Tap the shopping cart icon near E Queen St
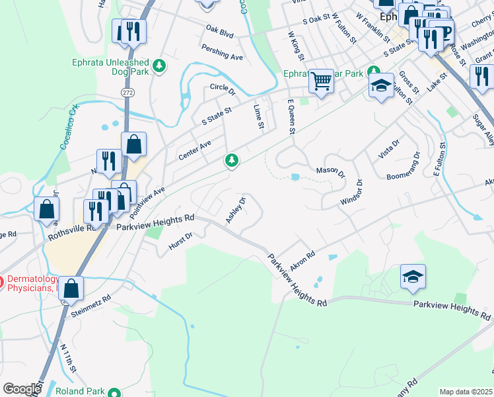[x=321, y=82]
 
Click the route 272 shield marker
[x=128, y=92]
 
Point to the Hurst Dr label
[x=180, y=240]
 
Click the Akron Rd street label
[x=301, y=257]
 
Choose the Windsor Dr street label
[x=351, y=192]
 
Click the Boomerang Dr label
[x=404, y=167]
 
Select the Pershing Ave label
[x=223, y=54]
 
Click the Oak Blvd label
[x=220, y=30]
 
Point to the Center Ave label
[x=194, y=150]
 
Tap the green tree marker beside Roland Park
[x=114, y=392]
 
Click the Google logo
[x=22, y=389]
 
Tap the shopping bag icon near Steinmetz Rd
[x=73, y=288]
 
